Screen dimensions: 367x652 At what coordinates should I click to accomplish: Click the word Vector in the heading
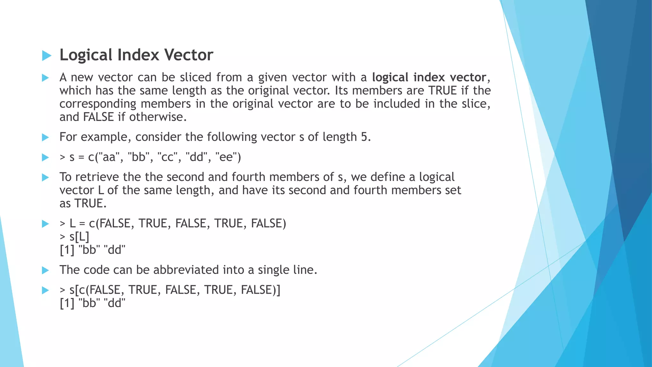point(188,55)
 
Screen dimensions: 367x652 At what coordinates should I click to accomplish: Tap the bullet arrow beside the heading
point(46,56)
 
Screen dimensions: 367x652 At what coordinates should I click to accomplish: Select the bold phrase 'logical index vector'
point(429,77)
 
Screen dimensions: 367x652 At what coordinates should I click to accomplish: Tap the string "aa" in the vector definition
point(109,157)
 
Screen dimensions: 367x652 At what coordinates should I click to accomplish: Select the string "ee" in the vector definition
point(226,157)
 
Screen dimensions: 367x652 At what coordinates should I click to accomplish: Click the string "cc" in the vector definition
point(167,157)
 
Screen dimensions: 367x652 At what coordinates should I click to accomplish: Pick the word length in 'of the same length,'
point(193,190)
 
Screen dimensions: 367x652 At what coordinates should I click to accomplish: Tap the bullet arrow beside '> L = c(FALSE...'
point(46,224)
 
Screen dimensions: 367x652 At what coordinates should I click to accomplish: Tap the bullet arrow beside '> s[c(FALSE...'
point(46,290)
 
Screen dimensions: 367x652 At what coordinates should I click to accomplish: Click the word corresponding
point(98,104)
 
